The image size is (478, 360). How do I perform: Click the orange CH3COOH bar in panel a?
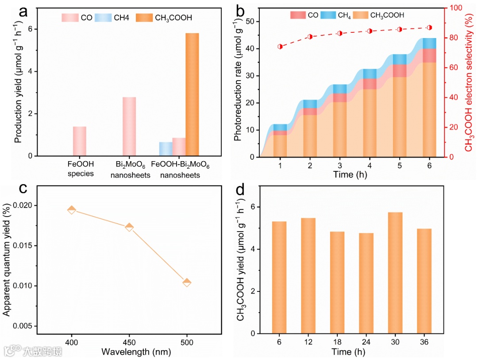click(x=192, y=94)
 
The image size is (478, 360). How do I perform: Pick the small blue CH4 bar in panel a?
click(x=166, y=149)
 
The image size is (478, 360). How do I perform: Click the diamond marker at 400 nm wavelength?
click(x=72, y=209)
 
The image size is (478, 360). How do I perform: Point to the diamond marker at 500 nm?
click(x=187, y=283)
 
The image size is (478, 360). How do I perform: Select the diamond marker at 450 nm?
click(x=129, y=227)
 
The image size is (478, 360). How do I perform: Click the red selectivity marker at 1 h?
click(x=280, y=46)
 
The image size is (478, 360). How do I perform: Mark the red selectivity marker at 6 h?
click(x=429, y=27)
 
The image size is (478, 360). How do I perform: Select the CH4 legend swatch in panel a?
click(x=106, y=18)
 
